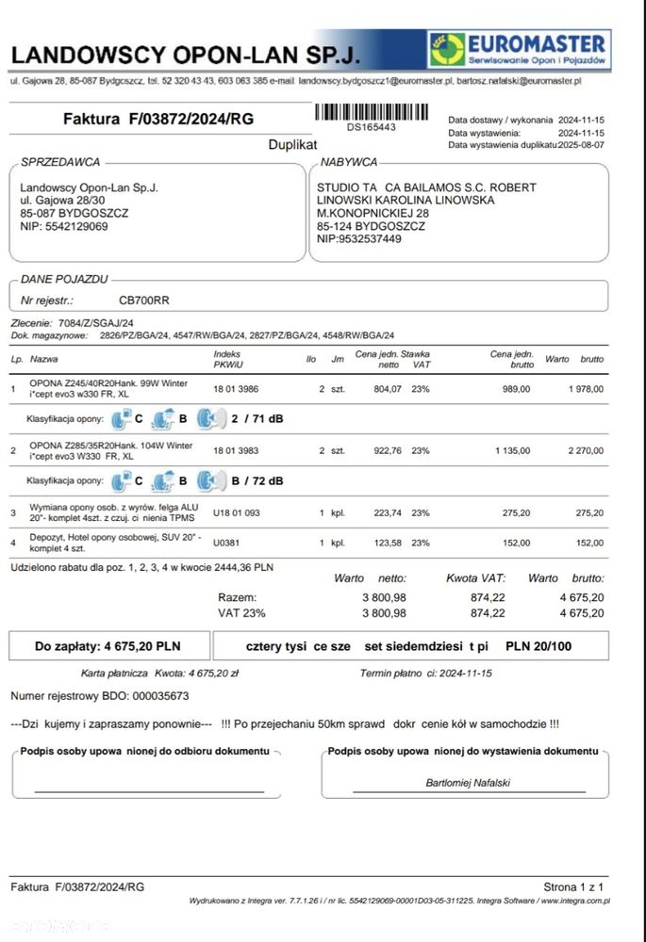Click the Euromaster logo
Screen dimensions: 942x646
[x=519, y=48]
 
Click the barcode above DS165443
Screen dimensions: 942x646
[x=372, y=112]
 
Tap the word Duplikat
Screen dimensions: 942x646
[x=293, y=145]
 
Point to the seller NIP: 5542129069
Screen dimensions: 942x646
[x=64, y=226]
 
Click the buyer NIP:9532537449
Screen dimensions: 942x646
[x=359, y=239]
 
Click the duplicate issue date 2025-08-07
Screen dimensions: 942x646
[x=584, y=145]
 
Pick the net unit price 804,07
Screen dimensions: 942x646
[x=389, y=388]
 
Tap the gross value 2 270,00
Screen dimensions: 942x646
[x=585, y=451]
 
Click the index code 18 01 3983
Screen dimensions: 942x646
[x=237, y=451]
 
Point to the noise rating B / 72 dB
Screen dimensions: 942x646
[x=257, y=480]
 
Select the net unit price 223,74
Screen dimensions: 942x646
[x=389, y=512]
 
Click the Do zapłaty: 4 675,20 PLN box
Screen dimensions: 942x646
[x=108, y=646]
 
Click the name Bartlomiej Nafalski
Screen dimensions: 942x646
[x=467, y=783]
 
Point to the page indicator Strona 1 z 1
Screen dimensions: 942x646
[x=573, y=886]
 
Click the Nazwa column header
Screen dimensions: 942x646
[x=43, y=359]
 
